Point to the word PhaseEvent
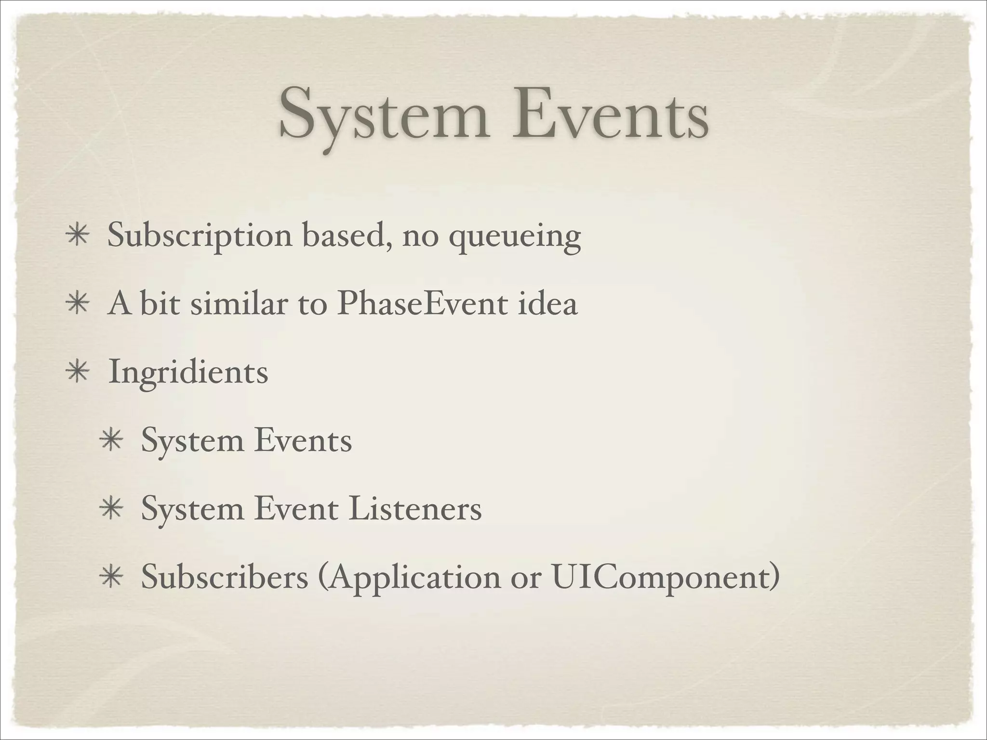(422, 304)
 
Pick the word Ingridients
(188, 372)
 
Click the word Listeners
(414, 509)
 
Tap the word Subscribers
(225, 577)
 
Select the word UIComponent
(665, 577)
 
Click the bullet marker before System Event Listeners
(111, 510)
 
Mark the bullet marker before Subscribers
(111, 578)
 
